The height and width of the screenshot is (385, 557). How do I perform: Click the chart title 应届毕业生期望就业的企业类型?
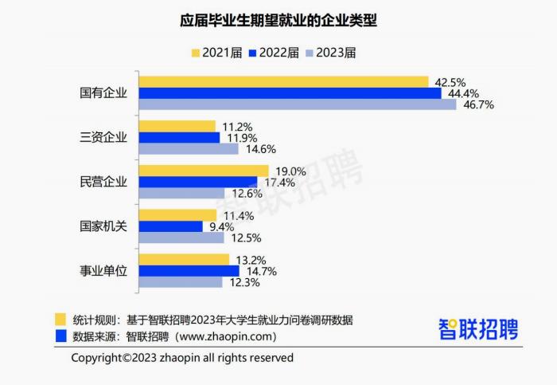278,19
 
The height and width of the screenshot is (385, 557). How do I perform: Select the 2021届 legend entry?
216,53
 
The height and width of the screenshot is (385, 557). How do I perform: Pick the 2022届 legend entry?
274,53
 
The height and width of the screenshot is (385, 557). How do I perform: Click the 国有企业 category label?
104,93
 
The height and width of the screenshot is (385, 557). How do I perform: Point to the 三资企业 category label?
104,137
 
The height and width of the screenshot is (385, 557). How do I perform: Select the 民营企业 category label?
104,182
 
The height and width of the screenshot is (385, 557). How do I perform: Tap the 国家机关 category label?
104,226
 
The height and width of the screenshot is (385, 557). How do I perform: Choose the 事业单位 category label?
104,271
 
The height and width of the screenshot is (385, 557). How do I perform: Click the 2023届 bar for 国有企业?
298,104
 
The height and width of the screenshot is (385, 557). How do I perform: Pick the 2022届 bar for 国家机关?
171,226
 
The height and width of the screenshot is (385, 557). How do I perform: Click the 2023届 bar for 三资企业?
182,148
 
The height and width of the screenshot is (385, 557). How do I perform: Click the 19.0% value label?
290,171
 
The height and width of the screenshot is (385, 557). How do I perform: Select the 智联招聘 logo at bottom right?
477,328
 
